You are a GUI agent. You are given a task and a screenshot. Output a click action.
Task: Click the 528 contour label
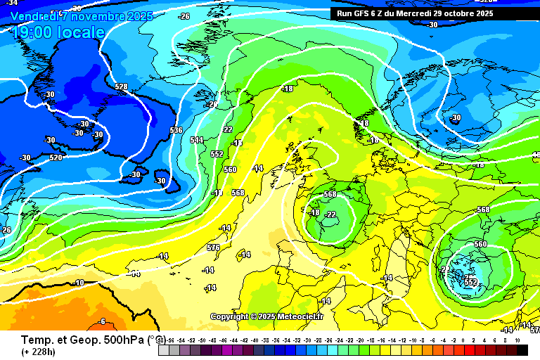click(x=122, y=87)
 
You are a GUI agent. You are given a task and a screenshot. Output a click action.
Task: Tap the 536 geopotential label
click(x=176, y=130)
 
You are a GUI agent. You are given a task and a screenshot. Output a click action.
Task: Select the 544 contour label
click(x=197, y=140)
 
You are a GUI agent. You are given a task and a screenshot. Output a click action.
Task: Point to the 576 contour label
click(x=214, y=247)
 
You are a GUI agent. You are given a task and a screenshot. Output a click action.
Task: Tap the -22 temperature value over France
click(x=330, y=215)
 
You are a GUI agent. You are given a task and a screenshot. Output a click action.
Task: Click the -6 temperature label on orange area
click(x=102, y=321)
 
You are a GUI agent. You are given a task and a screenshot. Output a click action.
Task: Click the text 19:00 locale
click(x=58, y=32)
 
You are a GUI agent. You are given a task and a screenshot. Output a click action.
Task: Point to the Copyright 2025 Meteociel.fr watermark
click(x=266, y=316)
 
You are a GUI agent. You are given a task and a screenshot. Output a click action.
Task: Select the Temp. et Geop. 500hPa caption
click(x=82, y=339)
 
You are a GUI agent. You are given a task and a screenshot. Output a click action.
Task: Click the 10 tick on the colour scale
click(x=517, y=340)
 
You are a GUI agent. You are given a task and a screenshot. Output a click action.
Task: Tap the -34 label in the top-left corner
click(x=12, y=4)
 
